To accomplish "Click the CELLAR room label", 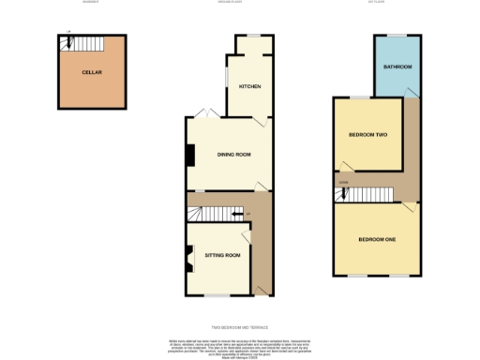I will click(91, 72).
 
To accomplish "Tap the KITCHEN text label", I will click(249, 86).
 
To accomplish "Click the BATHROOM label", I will click(397, 67).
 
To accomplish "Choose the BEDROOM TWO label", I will click(368, 135).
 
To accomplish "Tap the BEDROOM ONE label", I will click(377, 240).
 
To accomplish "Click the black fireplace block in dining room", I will click(190, 155).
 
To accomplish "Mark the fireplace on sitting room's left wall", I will click(190, 255).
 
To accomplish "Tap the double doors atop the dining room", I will click(211, 114).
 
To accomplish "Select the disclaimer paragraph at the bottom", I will click(240, 343).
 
